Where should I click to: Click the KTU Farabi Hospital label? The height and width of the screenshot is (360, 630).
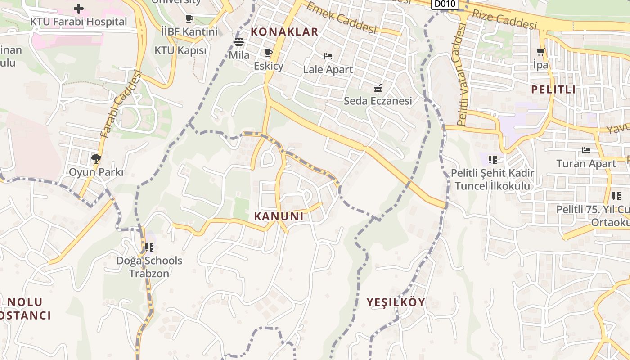pyautogui.click(x=78, y=22)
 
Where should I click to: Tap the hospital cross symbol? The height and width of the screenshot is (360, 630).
pyautogui.click(x=79, y=9)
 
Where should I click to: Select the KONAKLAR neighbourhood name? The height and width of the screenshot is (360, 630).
pyautogui.click(x=284, y=32)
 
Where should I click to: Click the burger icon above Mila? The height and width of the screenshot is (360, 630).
pyautogui.click(x=239, y=42)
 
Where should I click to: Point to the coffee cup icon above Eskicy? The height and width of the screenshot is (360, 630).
pyautogui.click(x=269, y=53)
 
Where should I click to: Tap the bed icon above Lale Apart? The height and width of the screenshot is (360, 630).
pyautogui.click(x=328, y=56)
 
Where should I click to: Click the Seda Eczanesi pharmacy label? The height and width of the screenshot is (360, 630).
pyautogui.click(x=378, y=101)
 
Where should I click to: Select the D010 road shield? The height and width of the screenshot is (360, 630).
pyautogui.click(x=445, y=4)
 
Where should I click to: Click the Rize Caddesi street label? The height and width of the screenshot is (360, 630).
pyautogui.click(x=504, y=19)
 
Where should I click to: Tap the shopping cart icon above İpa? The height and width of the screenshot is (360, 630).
pyautogui.click(x=540, y=52)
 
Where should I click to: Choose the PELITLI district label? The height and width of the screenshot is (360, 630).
pyautogui.click(x=553, y=89)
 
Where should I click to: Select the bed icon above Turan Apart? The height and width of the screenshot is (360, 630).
pyautogui.click(x=586, y=150)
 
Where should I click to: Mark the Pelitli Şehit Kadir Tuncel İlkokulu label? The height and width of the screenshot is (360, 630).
pyautogui.click(x=492, y=179)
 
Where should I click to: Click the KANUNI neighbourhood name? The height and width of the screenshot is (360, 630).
pyautogui.click(x=279, y=216)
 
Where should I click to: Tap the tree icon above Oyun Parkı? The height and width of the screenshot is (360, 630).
pyautogui.click(x=96, y=158)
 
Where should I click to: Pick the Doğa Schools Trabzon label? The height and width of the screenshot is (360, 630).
pyautogui.click(x=149, y=267)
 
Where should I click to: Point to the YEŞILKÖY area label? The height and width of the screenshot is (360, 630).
pyautogui.click(x=396, y=302)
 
